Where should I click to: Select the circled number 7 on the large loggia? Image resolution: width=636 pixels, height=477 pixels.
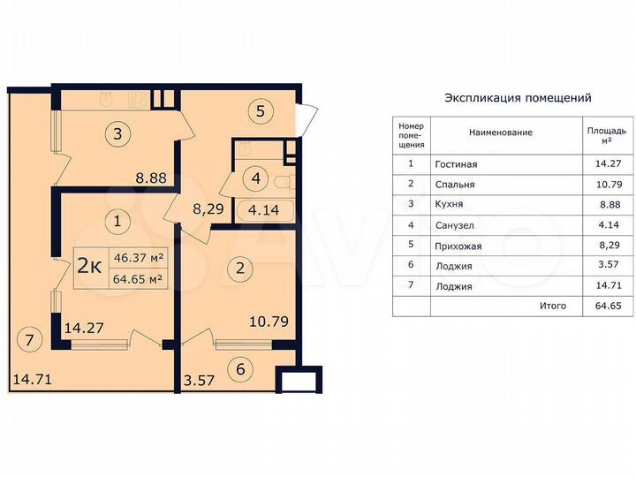tap(29, 337)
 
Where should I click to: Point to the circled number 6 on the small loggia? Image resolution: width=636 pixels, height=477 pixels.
tap(238, 369)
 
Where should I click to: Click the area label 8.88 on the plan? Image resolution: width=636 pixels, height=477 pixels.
tap(150, 178)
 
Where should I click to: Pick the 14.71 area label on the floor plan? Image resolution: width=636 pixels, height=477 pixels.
tap(33, 381)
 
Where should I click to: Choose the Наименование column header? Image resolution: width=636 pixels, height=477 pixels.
tap(501, 132)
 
